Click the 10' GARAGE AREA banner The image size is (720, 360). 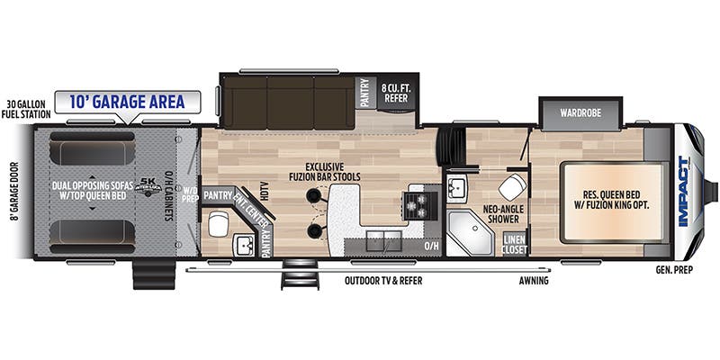[126, 102]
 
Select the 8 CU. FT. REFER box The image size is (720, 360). [397, 93]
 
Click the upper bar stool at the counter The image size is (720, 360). [313, 196]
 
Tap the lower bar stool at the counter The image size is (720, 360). [313, 231]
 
